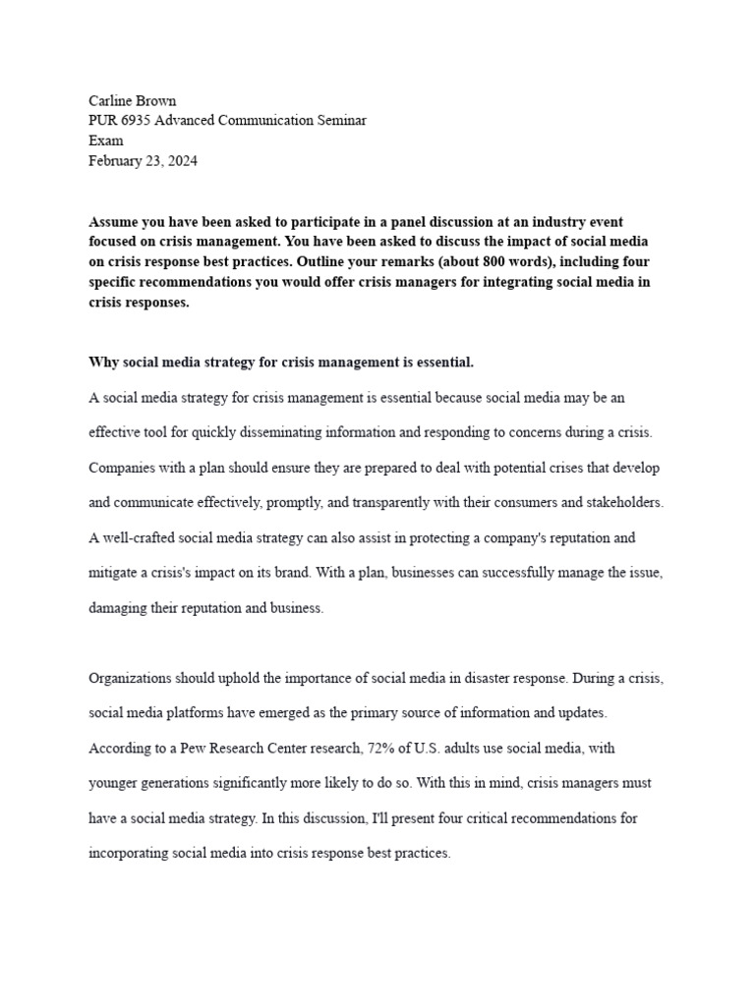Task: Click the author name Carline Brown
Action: (x=132, y=99)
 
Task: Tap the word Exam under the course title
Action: (x=106, y=140)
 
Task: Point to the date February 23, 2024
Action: (x=143, y=161)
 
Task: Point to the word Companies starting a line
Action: (x=123, y=467)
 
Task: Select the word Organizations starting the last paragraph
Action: (x=132, y=678)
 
